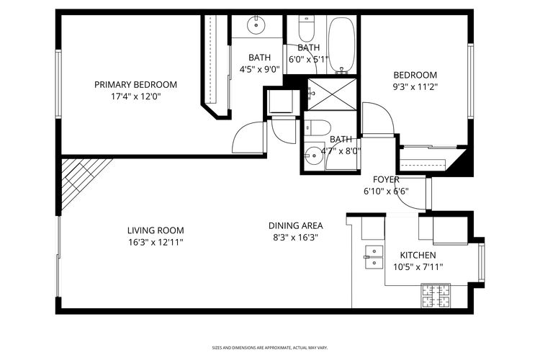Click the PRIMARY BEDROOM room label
(x=135, y=84)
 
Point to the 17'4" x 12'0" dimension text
(x=135, y=96)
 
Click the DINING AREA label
(x=295, y=225)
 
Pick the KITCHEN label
(x=418, y=255)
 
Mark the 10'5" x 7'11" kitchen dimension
(x=418, y=266)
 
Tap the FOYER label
(x=386, y=179)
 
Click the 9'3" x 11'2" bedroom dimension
(x=415, y=86)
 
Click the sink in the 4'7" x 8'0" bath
(x=313, y=155)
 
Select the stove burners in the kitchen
(x=436, y=294)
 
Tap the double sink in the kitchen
(x=374, y=256)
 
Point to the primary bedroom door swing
(x=252, y=136)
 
